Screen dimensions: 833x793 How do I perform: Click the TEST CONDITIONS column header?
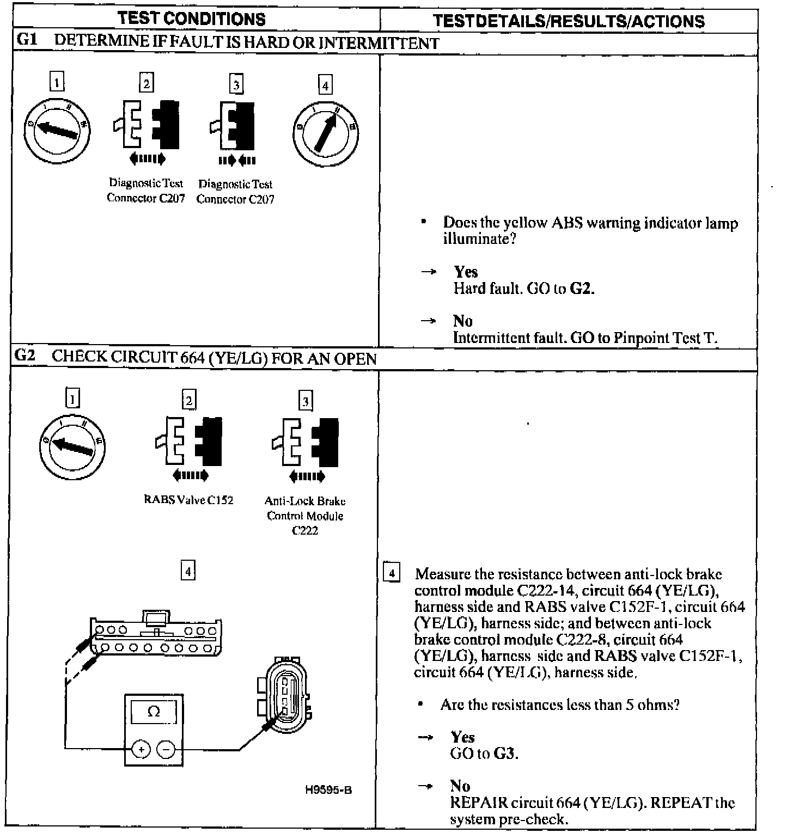(x=192, y=19)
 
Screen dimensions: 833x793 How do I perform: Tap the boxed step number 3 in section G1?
(x=235, y=84)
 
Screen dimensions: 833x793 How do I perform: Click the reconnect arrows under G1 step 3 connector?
(x=237, y=161)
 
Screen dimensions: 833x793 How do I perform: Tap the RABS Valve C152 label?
(x=188, y=500)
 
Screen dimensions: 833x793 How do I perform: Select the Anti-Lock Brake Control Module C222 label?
(x=305, y=515)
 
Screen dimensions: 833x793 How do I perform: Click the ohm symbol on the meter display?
(x=154, y=712)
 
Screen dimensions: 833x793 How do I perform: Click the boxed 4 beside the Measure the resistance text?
(x=392, y=573)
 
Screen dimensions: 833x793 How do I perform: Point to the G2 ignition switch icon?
(x=72, y=447)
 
